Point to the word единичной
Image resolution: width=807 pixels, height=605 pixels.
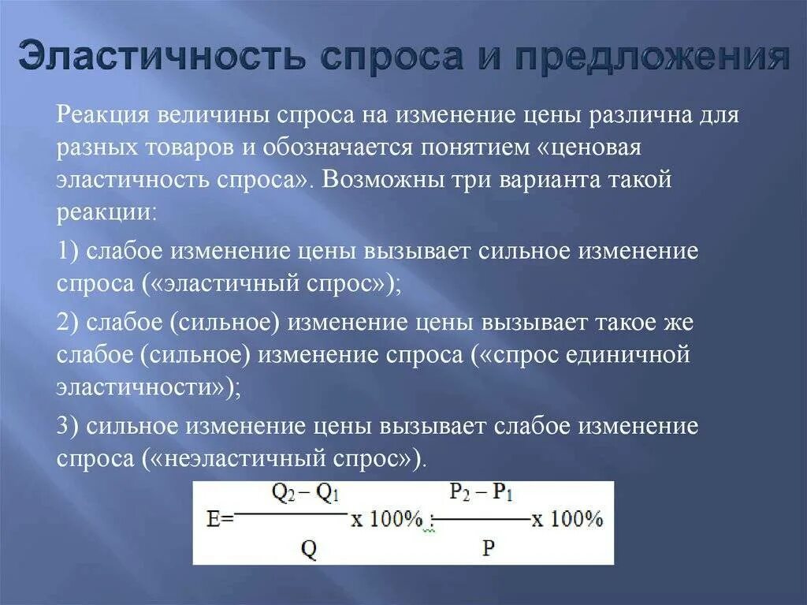[627, 355]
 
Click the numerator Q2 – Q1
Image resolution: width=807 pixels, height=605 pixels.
[305, 494]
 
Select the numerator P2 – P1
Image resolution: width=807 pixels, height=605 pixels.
[482, 494]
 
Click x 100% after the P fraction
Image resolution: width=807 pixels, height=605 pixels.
[568, 519]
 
